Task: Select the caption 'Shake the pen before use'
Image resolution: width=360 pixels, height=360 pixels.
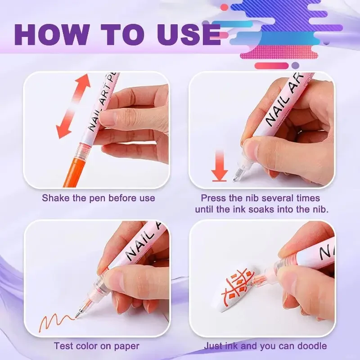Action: (x=98, y=198)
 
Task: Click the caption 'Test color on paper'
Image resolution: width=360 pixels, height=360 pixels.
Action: (x=96, y=346)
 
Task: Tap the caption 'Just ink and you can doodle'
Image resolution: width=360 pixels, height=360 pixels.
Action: (x=265, y=346)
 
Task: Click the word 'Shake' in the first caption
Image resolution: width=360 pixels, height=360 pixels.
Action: (x=54, y=198)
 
